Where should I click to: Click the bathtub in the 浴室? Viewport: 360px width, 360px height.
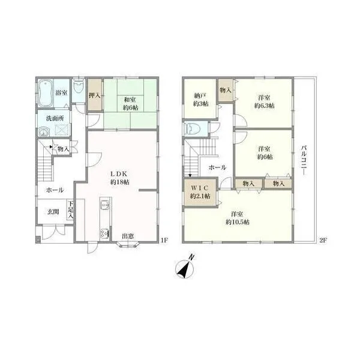[x=45, y=93]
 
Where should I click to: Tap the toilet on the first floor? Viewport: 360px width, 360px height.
[x=78, y=87]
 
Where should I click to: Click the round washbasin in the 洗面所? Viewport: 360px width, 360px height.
[x=44, y=133]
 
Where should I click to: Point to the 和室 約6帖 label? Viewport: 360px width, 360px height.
[x=130, y=104]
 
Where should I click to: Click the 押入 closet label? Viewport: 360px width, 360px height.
[x=95, y=95]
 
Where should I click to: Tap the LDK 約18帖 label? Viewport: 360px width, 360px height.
[x=119, y=178]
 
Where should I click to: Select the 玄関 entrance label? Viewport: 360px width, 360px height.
[x=53, y=211]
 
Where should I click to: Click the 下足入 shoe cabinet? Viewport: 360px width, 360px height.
[x=70, y=211]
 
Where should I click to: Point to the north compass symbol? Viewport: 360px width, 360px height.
[x=185, y=268]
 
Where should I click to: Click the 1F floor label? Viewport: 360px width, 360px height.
[x=164, y=241]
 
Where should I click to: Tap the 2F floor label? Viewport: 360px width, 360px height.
[x=323, y=241]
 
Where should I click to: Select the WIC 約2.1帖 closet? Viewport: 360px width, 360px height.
[x=200, y=193]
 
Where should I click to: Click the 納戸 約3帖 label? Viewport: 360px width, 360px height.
[x=200, y=100]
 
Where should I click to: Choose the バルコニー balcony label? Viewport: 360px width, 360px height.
[x=304, y=160]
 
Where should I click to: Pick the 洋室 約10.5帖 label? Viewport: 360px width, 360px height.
[x=238, y=218]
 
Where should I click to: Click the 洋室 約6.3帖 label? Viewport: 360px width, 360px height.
[x=264, y=102]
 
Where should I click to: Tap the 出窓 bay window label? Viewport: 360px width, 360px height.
[x=128, y=236]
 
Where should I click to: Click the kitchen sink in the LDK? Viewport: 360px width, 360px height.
[x=106, y=204]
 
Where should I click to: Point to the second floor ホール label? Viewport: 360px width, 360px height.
[x=217, y=167]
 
